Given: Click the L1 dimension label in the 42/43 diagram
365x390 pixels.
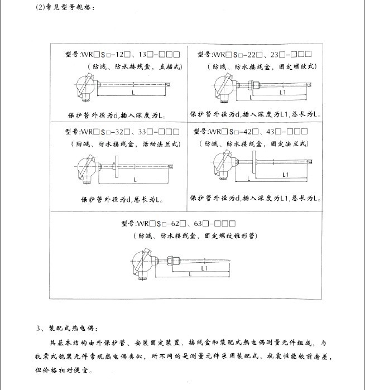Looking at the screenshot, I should coord(285,174).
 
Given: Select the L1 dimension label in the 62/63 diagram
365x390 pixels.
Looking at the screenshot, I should coord(204,268).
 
